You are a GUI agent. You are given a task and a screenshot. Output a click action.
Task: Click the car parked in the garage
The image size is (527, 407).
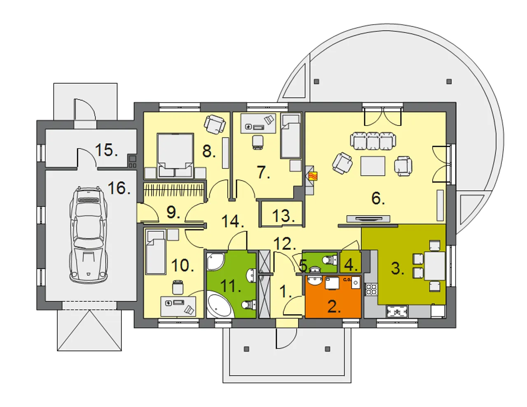[89, 234]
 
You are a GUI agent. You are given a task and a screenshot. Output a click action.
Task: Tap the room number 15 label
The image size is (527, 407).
[107, 150]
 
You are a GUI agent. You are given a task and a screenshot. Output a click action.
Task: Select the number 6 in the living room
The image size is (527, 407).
[378, 198]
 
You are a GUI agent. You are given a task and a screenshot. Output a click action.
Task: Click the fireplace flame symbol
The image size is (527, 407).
[313, 176]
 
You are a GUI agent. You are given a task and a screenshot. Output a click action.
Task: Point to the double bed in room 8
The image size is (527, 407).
[175, 156]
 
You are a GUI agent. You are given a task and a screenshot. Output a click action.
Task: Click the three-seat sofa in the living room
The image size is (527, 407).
[373, 141]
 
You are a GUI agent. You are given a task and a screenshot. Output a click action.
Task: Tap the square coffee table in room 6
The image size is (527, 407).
[373, 166]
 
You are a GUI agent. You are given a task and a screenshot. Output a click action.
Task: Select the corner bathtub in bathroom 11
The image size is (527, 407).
[219, 305]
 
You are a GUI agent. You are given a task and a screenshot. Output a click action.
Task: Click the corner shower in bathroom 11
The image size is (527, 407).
[216, 262]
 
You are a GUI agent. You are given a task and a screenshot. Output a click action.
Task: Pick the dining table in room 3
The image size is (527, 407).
[435, 266]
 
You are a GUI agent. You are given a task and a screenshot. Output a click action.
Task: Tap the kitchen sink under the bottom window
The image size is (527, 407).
[397, 312]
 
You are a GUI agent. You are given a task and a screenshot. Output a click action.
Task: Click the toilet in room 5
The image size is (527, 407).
[330, 260]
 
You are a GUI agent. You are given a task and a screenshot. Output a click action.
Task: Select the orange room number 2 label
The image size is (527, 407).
[334, 307]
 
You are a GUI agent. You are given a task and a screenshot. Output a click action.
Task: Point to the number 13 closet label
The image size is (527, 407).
[283, 216]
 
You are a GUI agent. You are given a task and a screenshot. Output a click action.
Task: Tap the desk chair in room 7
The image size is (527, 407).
[258, 142]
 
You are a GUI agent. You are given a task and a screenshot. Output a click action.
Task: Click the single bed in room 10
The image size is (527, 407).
[156, 252]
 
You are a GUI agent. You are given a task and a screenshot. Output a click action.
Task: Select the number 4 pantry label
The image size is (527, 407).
[351, 265]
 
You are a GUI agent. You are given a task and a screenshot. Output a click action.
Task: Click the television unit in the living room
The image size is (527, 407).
[368, 219]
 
